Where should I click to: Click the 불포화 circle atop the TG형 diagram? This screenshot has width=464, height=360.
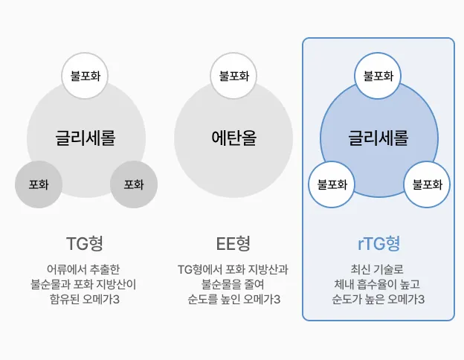(x=86, y=76)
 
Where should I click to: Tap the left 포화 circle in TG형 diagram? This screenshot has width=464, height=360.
(x=39, y=184)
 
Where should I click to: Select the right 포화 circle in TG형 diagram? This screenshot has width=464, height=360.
(x=134, y=184)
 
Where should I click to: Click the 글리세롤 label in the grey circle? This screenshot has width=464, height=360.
(x=86, y=138)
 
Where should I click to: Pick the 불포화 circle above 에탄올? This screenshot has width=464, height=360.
(x=233, y=76)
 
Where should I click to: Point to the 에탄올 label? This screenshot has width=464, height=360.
(x=233, y=138)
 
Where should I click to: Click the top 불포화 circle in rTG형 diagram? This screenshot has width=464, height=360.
(x=378, y=76)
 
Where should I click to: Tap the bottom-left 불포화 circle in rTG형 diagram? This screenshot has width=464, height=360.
(x=332, y=184)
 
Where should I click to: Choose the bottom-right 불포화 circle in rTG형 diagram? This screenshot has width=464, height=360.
(x=427, y=184)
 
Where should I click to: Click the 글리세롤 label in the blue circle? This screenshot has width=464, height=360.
(x=378, y=138)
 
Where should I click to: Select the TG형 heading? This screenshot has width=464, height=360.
(x=86, y=243)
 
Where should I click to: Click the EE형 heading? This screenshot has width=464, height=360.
(x=233, y=243)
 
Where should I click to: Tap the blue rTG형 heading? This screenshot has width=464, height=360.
(x=378, y=243)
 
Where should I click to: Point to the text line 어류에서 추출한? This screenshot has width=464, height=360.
(x=86, y=269)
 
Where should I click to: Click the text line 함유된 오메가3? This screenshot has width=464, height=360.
(x=86, y=300)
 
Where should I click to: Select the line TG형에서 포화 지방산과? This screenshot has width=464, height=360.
(x=233, y=269)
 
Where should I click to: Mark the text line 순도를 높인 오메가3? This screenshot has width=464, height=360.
(x=233, y=300)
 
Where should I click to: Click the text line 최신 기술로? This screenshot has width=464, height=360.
(x=378, y=269)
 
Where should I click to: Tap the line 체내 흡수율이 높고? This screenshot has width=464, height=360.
(x=378, y=284)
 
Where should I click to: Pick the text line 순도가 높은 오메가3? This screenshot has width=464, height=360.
(x=378, y=300)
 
